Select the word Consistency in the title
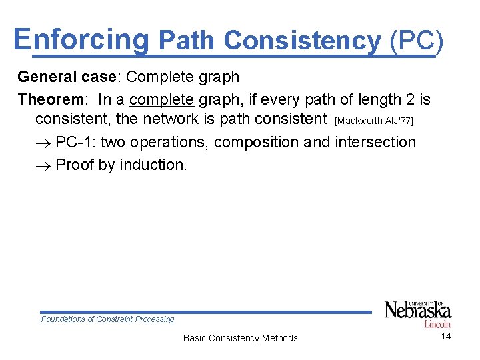click(x=302, y=41)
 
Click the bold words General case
click(x=67, y=77)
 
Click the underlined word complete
click(x=162, y=99)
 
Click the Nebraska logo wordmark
click(x=417, y=310)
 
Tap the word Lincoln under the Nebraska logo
click(x=437, y=324)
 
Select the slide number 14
click(x=446, y=336)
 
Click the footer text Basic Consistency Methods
click(x=240, y=338)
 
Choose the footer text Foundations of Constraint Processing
click(x=107, y=319)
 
